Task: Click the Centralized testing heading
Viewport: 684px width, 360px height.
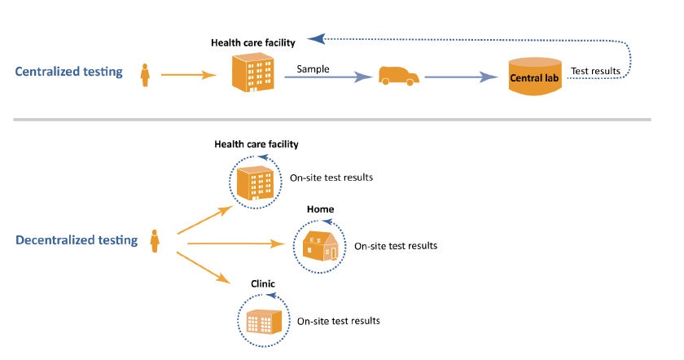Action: (x=69, y=72)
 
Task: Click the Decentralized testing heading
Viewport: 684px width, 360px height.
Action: (x=75, y=241)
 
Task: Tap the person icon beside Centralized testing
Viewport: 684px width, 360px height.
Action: (x=146, y=75)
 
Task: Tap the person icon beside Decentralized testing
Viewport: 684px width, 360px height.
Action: (x=154, y=241)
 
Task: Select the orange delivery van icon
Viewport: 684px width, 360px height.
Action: (x=398, y=76)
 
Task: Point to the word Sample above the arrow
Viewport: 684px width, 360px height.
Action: (x=313, y=69)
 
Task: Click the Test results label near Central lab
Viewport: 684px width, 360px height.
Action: (x=595, y=72)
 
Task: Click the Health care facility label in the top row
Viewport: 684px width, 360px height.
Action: (x=252, y=43)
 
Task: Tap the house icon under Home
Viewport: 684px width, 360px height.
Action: (x=319, y=244)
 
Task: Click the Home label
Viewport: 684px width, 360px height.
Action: (x=320, y=209)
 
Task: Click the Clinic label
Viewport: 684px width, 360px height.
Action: (x=263, y=284)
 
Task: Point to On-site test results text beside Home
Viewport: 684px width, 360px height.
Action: (x=396, y=245)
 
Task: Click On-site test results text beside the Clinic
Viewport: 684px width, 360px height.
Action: (x=339, y=321)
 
